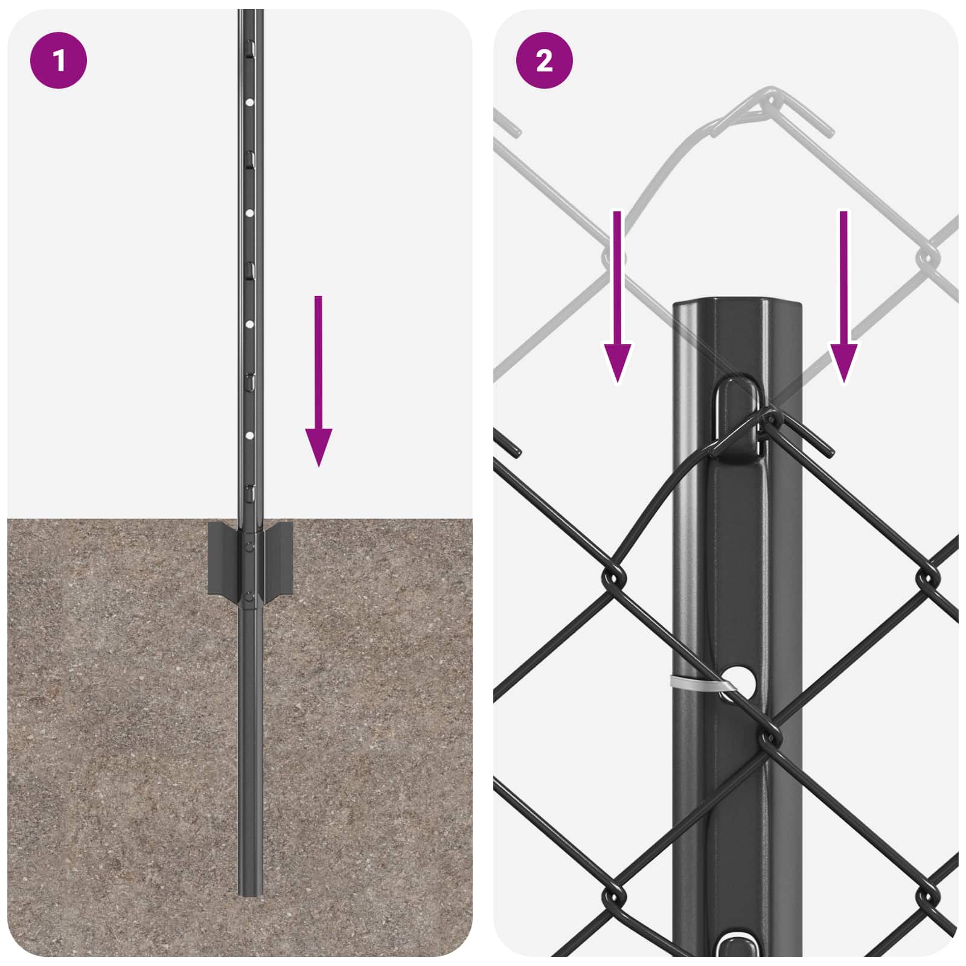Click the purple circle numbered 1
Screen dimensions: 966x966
[x=59, y=60]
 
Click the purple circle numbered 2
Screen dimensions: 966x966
[x=544, y=60]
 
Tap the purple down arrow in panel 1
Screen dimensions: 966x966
[x=318, y=386]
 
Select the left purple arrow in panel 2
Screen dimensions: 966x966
[x=617, y=302]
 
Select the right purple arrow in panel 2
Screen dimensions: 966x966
[x=843, y=302]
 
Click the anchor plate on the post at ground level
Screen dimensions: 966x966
[x=250, y=558]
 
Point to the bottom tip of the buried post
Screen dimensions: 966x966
[x=250, y=894]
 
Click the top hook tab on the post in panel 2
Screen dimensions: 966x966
[x=738, y=417]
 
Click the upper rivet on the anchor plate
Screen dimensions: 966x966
[x=250, y=546]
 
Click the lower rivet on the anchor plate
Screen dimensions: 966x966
[x=250, y=597]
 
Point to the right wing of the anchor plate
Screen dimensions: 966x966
[x=279, y=558]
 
